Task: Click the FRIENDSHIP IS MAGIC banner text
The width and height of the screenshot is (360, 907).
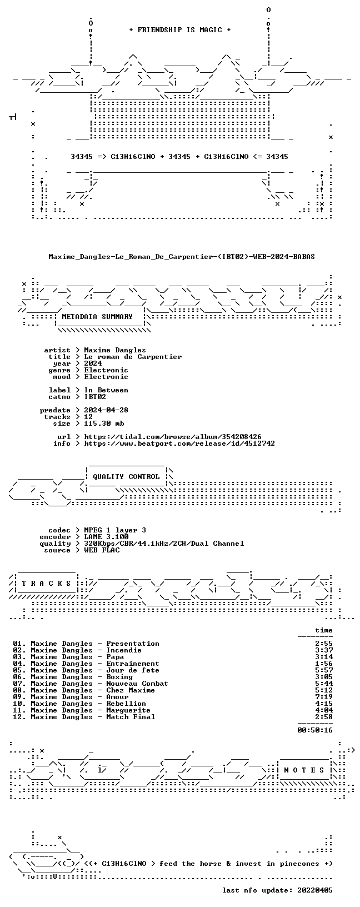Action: (180, 30)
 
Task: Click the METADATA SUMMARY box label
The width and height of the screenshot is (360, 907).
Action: (97, 317)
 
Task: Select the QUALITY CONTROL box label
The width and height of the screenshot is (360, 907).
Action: (126, 477)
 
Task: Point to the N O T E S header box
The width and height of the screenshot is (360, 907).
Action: (304, 770)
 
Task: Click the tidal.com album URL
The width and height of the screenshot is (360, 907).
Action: (173, 437)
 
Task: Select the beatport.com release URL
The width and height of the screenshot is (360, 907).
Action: (179, 443)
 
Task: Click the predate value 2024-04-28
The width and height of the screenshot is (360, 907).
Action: (106, 410)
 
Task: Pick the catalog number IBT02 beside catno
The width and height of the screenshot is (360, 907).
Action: (95, 397)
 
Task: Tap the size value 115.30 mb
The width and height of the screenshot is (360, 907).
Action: (104, 423)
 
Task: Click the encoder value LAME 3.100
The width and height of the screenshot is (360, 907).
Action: (107, 537)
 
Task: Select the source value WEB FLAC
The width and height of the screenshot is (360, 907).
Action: (102, 550)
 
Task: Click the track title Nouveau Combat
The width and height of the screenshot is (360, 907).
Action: (137, 684)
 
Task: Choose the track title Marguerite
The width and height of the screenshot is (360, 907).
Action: (128, 710)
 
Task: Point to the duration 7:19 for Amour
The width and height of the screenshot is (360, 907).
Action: (323, 697)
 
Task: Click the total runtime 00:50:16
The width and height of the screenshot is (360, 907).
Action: (315, 730)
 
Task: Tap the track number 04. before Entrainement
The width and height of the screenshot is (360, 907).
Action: (19, 664)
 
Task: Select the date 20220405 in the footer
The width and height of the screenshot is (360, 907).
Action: (315, 890)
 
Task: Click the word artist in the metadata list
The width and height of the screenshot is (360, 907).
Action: (57, 350)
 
